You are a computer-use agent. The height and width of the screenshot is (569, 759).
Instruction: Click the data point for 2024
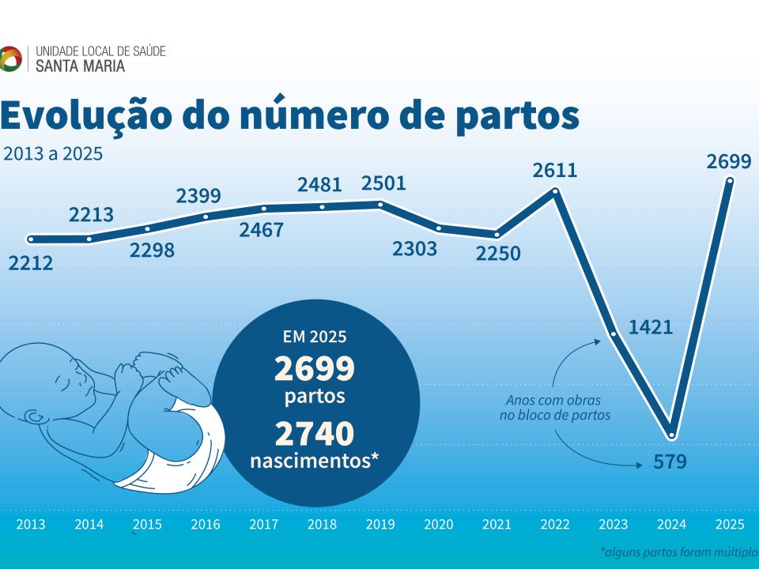coord(672,434)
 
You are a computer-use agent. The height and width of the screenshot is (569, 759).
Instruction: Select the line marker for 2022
coord(556,190)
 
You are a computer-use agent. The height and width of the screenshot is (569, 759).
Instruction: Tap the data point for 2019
coord(380,204)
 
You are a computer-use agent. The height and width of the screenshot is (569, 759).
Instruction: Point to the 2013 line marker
coord(31,239)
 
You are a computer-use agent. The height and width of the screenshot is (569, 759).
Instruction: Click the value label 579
coord(670,462)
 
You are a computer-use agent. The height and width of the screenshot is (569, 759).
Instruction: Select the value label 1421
coord(651,326)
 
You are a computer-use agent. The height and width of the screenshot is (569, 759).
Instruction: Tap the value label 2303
coord(414,249)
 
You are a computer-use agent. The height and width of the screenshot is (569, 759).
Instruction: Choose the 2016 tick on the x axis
coord(206,524)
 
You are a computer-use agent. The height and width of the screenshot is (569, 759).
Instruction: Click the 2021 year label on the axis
coord(497,524)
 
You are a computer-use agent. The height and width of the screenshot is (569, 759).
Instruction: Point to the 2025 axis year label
coord(728,524)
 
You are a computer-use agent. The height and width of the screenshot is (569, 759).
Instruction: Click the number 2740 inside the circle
coord(314,433)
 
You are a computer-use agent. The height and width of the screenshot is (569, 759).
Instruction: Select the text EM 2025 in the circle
coord(315,337)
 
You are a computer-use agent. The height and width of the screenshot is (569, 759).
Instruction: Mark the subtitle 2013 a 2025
coord(53,153)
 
